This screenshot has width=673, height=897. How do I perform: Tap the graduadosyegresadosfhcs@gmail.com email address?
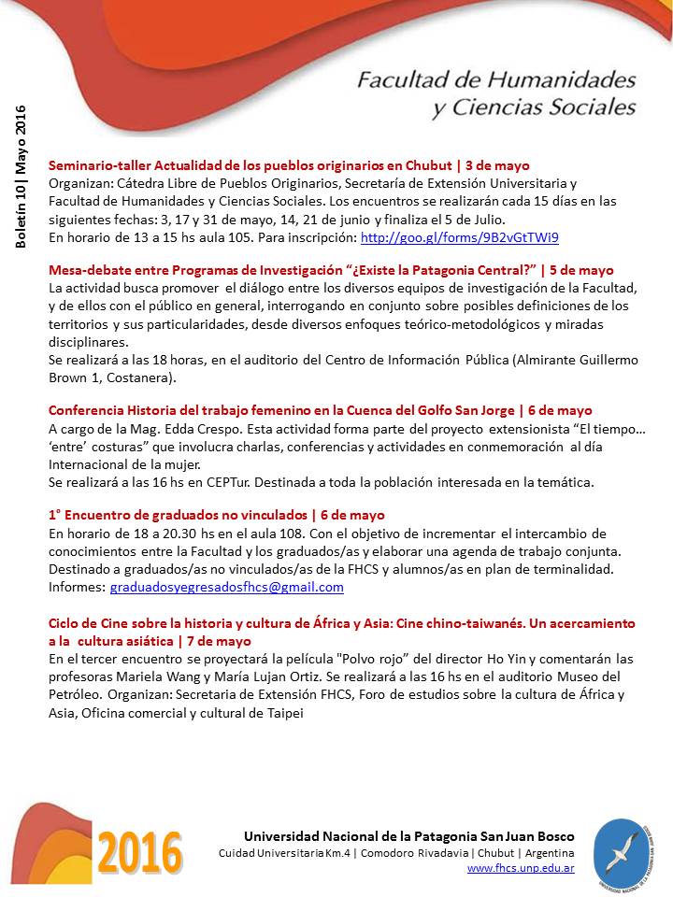click(226, 588)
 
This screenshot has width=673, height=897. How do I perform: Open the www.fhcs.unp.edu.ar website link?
click(521, 869)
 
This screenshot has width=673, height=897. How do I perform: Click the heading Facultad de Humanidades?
click(495, 78)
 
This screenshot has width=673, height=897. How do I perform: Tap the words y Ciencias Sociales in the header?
click(534, 107)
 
